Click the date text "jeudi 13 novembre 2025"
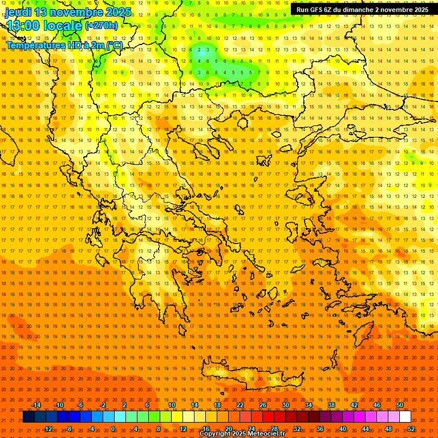(68, 12)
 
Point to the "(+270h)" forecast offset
(102, 26)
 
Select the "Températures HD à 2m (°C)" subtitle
(64, 45)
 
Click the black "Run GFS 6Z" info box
(363, 10)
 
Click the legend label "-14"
(36, 405)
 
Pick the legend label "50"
(400, 405)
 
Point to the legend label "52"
(411, 429)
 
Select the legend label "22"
(240, 405)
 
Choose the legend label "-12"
(47, 429)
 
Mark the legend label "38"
(331, 405)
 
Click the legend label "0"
(113, 429)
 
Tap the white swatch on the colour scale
(405, 417)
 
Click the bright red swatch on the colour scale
(268, 417)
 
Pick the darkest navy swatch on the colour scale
(29, 417)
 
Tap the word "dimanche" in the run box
(355, 10)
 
